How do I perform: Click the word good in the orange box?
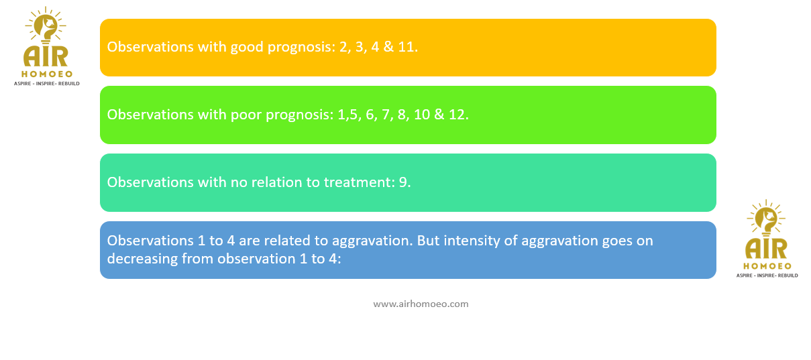(247, 48)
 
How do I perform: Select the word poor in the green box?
(246, 115)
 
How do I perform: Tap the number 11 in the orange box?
(408, 47)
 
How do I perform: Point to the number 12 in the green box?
(458, 115)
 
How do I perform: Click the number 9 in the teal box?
(404, 182)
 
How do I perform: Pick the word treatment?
(358, 182)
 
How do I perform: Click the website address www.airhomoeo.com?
(421, 304)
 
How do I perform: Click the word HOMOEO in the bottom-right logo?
(767, 266)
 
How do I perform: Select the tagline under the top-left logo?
(47, 84)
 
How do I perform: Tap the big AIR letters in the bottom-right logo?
(767, 248)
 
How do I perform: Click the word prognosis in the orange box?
(302, 48)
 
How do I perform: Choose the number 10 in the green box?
(421, 115)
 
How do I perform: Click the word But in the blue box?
(429, 241)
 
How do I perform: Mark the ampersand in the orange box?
(388, 47)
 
